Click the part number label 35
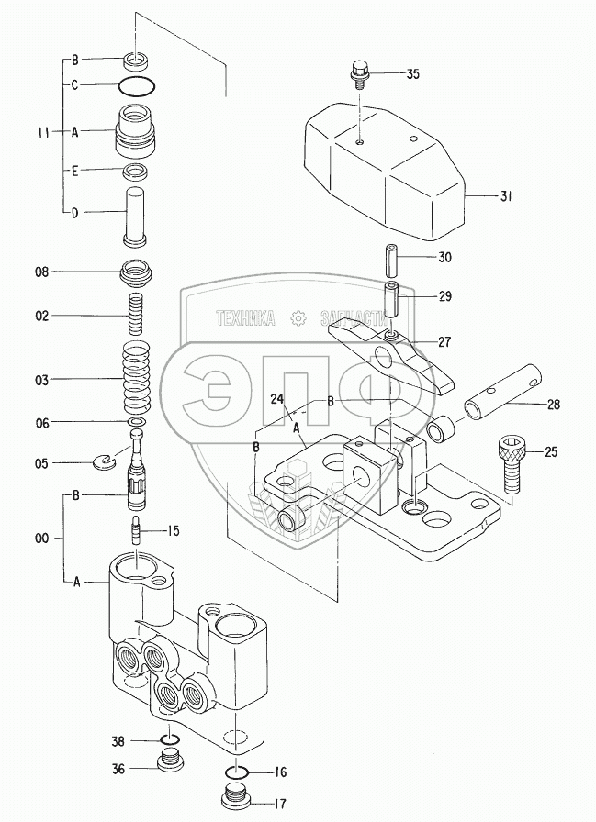[412, 73]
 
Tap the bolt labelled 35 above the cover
[359, 73]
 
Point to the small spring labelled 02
[136, 317]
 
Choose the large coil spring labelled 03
[136, 377]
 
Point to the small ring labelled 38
[168, 741]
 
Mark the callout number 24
[276, 400]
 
